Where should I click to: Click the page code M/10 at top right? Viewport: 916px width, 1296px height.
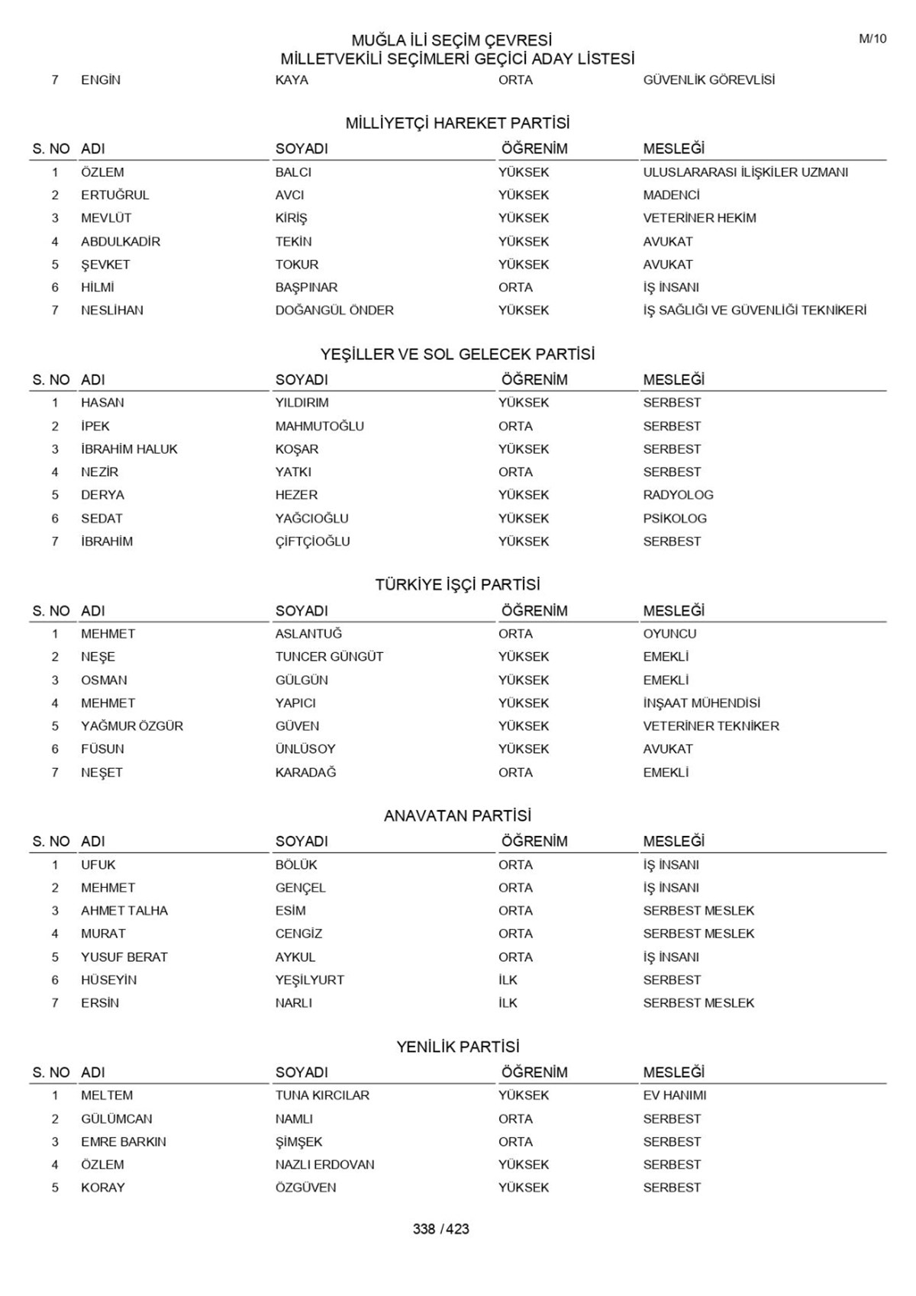tap(872, 39)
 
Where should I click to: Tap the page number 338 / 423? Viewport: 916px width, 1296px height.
tap(440, 1229)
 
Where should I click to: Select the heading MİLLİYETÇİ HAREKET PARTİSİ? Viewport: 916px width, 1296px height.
tap(457, 124)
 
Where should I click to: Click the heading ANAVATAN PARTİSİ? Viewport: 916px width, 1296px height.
tap(457, 816)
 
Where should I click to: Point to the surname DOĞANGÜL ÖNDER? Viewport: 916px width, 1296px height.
tap(334, 310)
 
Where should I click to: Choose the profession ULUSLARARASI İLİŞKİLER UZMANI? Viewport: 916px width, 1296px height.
tap(745, 172)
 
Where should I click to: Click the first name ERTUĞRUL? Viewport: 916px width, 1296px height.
tap(115, 195)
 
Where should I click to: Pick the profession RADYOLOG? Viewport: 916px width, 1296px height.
tap(678, 495)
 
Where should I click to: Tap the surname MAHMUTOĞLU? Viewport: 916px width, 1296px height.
tap(319, 426)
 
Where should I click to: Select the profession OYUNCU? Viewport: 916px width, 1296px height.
tap(669, 634)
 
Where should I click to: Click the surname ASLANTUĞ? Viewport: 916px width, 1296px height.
tap(308, 634)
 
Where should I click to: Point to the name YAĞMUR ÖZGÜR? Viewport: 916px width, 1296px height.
tap(132, 726)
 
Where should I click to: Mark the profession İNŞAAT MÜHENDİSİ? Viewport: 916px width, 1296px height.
tap(702, 703)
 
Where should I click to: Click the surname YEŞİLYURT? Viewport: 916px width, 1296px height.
tap(309, 980)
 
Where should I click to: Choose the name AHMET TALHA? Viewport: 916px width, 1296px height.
tap(124, 911)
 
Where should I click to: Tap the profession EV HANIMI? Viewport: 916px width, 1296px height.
tap(674, 1095)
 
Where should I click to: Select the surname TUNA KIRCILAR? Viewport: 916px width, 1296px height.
tap(322, 1095)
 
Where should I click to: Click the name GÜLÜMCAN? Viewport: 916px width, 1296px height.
tap(117, 1119)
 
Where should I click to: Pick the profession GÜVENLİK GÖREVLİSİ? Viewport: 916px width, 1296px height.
tap(708, 80)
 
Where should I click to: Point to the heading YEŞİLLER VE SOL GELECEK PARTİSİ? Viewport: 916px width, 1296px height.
tap(457, 355)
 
